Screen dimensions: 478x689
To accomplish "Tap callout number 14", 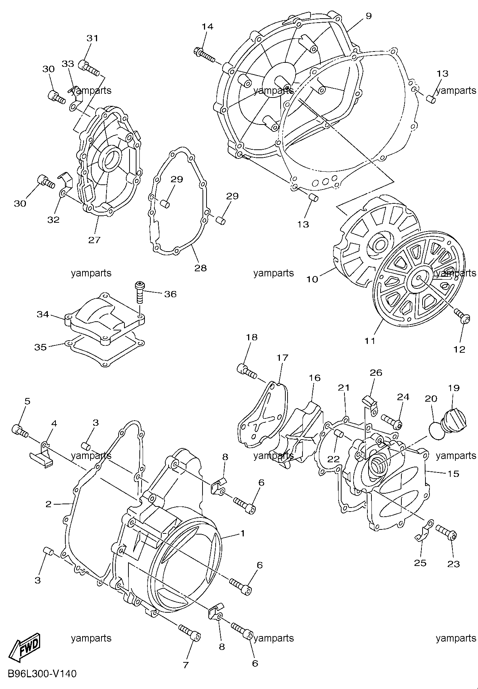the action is point(207,27).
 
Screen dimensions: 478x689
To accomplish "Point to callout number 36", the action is point(170,294).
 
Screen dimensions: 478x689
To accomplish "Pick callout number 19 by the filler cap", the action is point(454,388).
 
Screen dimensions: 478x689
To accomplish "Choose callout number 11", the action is point(370,341).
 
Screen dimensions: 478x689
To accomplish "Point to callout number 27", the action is point(94,240).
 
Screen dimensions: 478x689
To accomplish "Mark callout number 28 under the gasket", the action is point(201,268).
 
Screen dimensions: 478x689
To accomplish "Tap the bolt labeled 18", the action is point(248,371).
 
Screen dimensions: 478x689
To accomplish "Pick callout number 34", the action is point(43,314).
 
